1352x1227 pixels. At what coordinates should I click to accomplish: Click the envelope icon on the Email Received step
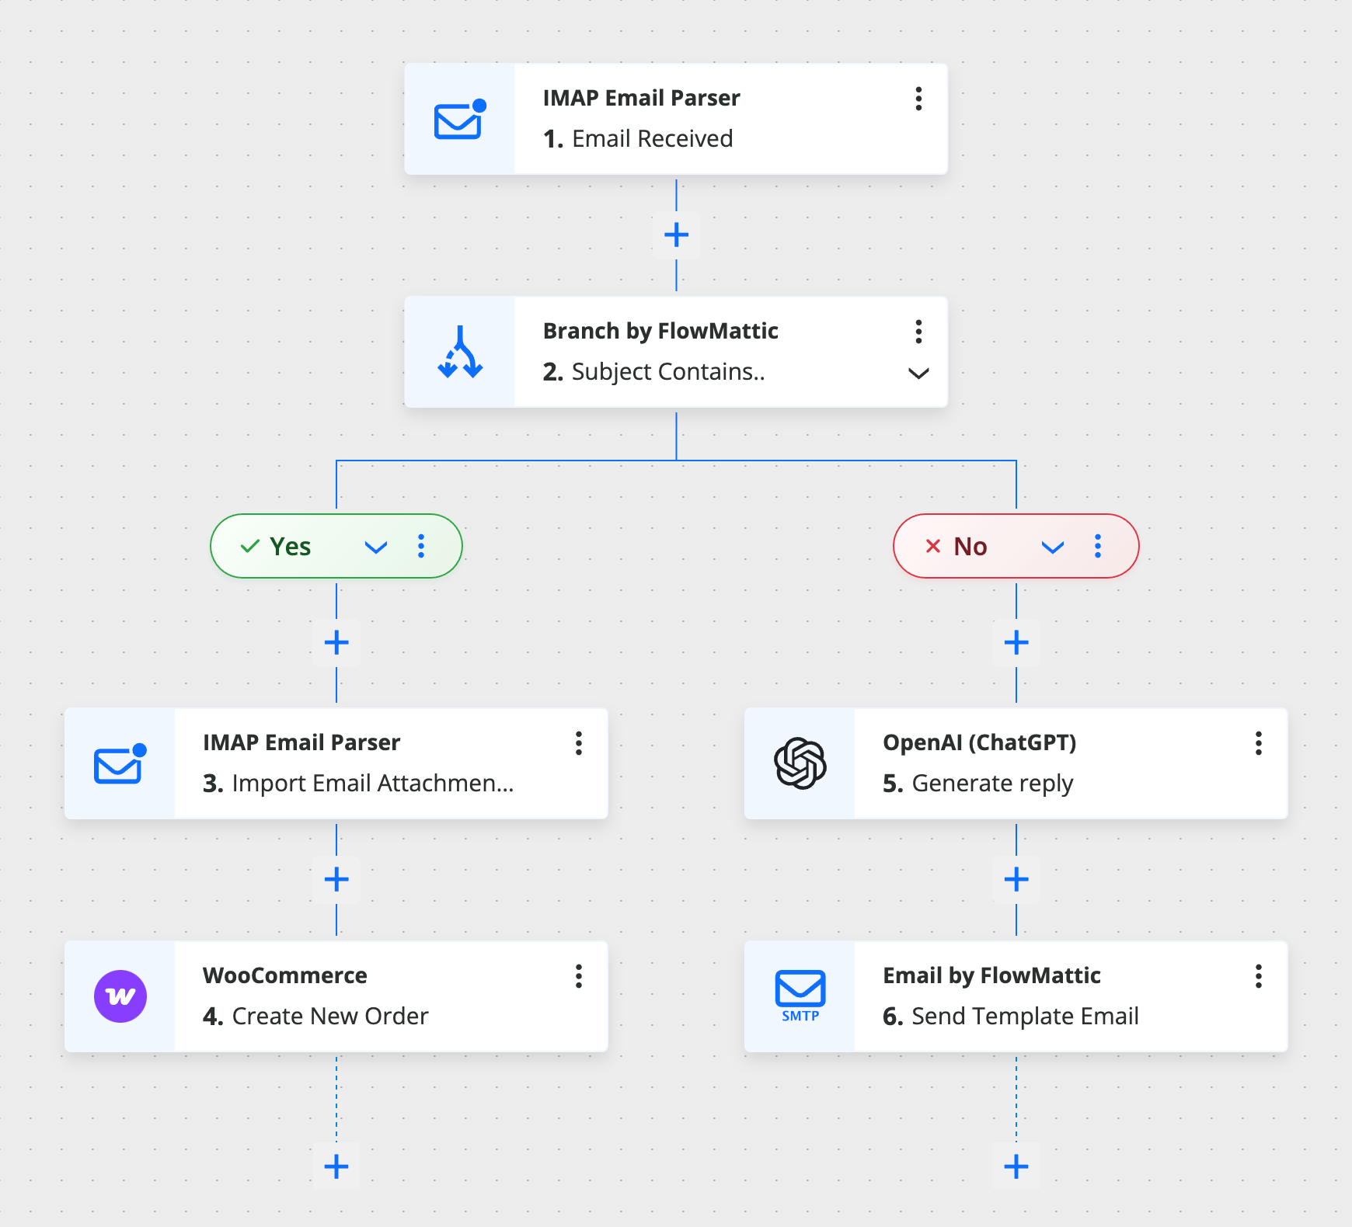coord(459,120)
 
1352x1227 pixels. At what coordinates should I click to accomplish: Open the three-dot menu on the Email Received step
coord(918,99)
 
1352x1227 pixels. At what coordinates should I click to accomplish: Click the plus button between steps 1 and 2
coord(676,235)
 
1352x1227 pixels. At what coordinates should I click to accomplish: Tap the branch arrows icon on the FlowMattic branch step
coord(460,353)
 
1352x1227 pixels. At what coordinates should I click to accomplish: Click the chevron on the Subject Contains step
coord(918,374)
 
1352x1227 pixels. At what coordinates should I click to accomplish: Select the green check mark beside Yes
coord(249,547)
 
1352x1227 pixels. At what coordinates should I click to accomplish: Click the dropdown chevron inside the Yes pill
coord(376,547)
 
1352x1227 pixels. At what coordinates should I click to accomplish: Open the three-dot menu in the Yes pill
coord(421,546)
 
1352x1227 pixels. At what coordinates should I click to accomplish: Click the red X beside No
coord(932,546)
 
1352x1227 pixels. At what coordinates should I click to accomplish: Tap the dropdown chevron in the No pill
coord(1052,547)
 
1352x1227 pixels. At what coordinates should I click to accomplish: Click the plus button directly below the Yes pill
coord(336,642)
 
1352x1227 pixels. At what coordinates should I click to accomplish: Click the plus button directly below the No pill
coord(1016,642)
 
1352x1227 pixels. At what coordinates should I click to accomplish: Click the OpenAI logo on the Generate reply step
coord(800,763)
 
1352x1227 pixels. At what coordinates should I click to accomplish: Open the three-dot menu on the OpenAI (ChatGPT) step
coord(1258,743)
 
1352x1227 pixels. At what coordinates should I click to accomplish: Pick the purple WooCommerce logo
coord(120,996)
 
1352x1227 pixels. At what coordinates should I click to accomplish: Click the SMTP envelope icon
coord(800,995)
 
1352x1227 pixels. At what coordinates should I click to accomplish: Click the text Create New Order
coord(329,1016)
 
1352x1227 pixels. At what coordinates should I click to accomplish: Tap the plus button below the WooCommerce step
coord(336,1166)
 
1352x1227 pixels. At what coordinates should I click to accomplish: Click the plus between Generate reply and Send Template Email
coord(1016,879)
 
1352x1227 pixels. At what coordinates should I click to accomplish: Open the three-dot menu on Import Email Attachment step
coord(578,743)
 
